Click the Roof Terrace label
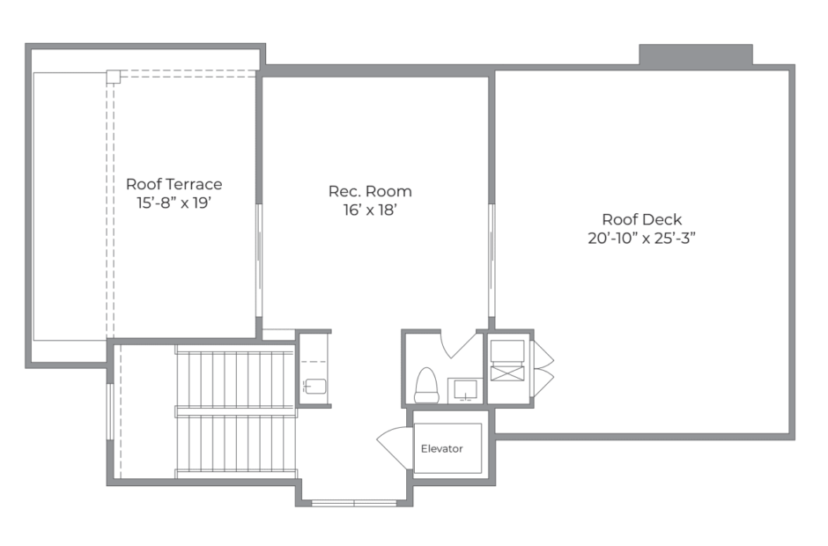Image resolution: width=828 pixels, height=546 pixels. (174, 184)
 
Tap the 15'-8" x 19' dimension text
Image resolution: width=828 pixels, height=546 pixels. (174, 203)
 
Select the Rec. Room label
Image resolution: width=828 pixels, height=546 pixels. (370, 191)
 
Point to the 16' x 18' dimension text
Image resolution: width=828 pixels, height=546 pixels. (370, 210)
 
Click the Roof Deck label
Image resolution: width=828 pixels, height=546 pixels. (641, 219)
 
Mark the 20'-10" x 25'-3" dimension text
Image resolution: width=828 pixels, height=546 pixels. (641, 238)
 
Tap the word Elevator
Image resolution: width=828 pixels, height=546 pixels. (441, 449)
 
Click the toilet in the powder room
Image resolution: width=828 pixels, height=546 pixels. (426, 386)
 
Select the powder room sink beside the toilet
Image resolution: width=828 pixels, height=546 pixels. (465, 390)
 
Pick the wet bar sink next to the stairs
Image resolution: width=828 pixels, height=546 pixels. (315, 387)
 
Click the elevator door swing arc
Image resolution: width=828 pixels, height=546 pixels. (395, 448)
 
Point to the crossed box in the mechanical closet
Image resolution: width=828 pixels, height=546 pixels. (507, 373)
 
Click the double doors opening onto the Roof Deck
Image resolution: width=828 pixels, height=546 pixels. (543, 369)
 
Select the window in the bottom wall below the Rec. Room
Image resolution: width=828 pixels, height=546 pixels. (354, 503)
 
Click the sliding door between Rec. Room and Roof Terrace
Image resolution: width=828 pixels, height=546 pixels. (259, 261)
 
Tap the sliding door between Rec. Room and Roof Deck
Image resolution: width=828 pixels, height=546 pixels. (492, 261)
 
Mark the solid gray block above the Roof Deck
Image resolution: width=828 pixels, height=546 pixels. (696, 55)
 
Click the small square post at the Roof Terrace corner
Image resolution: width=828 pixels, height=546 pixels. (113, 77)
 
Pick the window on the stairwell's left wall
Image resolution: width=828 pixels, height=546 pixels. (110, 411)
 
